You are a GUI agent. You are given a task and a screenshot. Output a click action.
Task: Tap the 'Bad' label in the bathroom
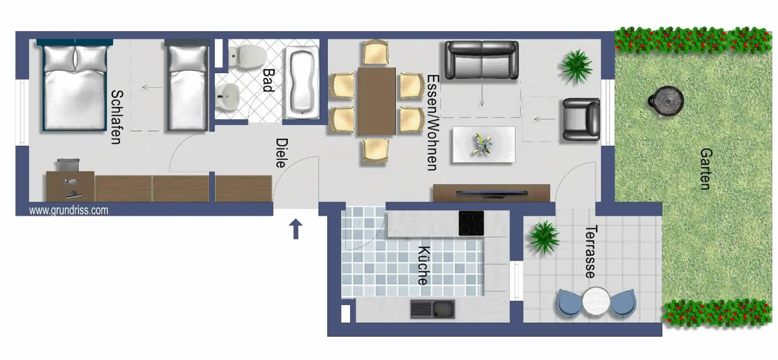269,80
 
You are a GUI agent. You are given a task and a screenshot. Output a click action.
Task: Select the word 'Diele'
282,153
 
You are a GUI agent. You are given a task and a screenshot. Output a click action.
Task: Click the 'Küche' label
424,266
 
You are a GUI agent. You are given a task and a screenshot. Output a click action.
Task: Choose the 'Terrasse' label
591,252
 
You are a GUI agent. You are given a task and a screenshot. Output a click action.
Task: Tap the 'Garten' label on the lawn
706,169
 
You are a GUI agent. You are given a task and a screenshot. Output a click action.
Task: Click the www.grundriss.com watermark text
68,210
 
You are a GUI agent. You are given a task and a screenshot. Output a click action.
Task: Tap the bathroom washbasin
227,97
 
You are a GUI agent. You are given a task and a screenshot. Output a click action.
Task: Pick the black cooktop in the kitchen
471,223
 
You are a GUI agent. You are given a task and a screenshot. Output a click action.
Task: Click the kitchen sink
432,309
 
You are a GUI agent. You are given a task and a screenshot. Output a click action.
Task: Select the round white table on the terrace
596,301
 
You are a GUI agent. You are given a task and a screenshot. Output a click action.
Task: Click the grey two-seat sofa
481,60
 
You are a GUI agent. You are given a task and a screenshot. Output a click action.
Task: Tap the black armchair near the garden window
581,119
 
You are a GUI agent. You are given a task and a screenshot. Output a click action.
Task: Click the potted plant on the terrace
544,237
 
